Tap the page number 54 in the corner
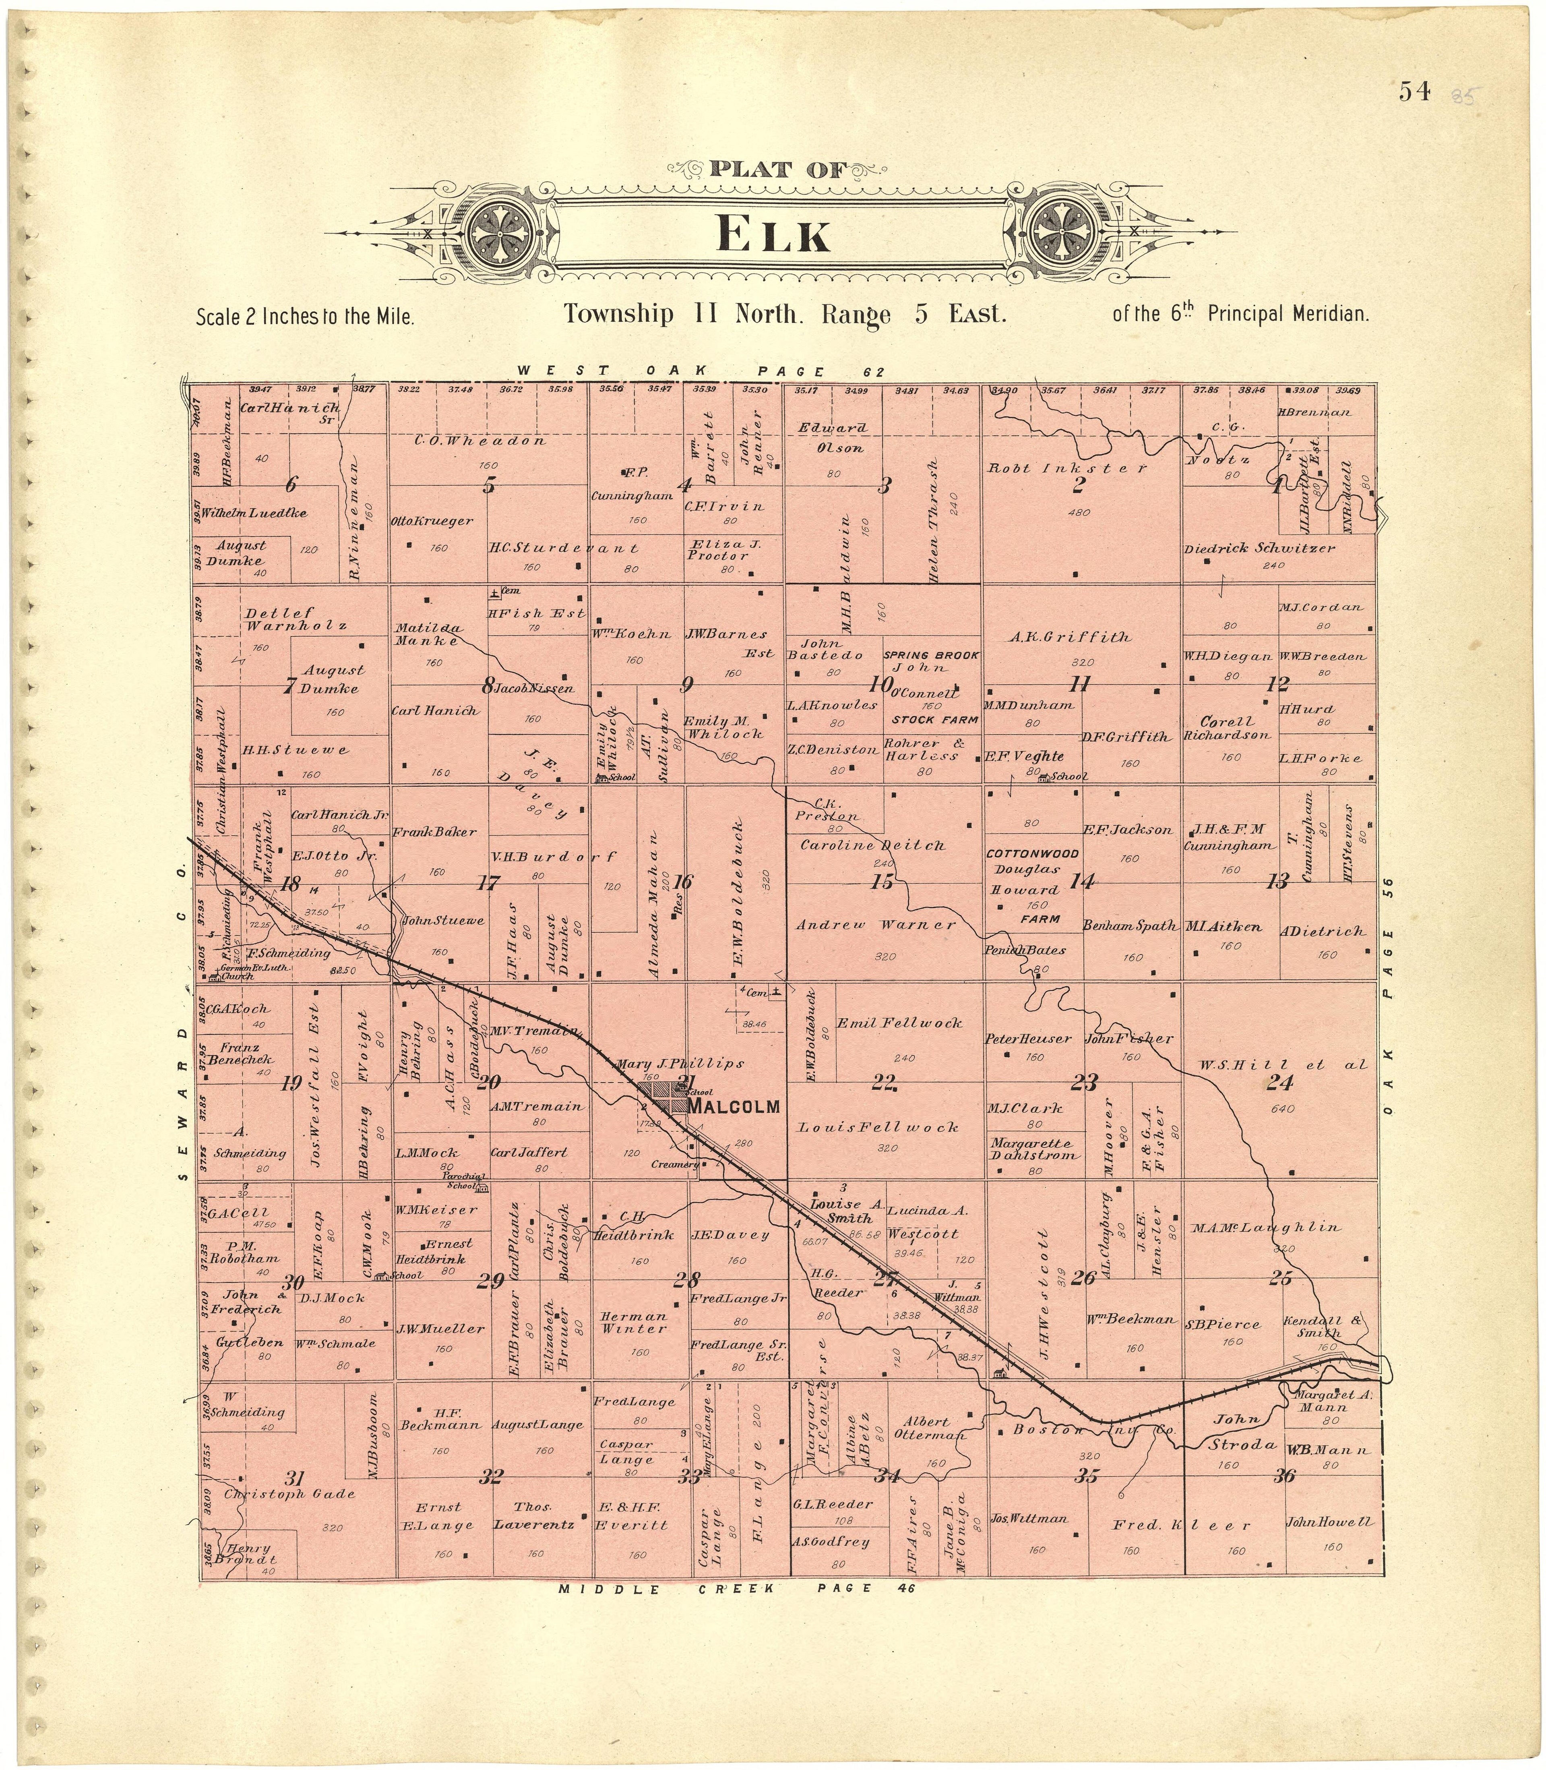(1415, 91)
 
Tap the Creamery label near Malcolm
(675, 1165)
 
